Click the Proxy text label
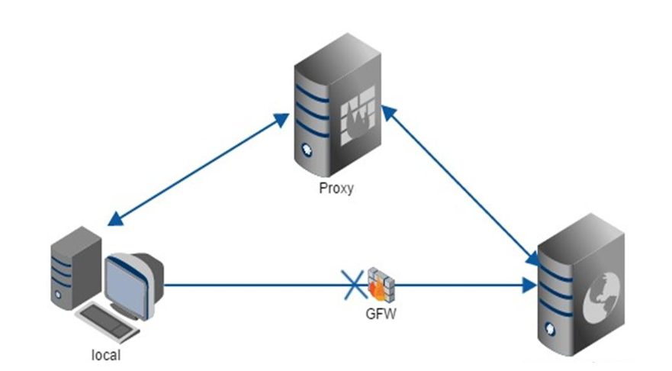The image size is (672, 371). pyautogui.click(x=336, y=188)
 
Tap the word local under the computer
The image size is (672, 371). pyautogui.click(x=105, y=355)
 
